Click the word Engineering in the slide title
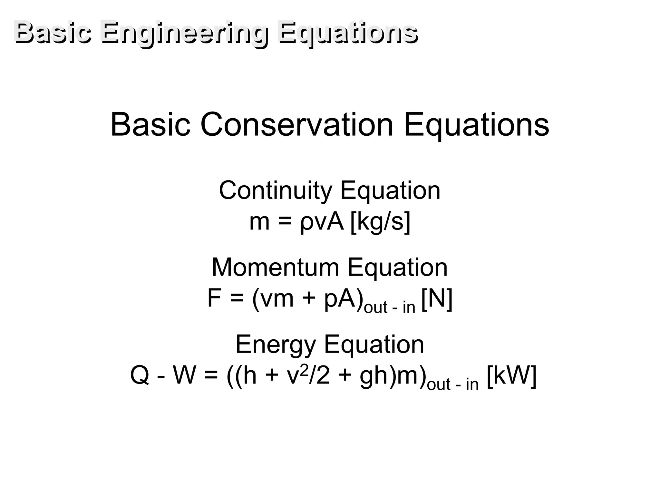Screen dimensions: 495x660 coord(184,33)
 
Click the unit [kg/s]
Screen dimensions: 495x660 coord(380,222)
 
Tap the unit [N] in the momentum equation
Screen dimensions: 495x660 coord(437,299)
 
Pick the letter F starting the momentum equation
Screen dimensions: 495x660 coord(214,298)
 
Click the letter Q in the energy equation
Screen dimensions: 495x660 coord(140,376)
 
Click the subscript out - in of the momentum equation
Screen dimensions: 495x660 coord(389,307)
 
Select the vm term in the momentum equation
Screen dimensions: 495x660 coord(277,299)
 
